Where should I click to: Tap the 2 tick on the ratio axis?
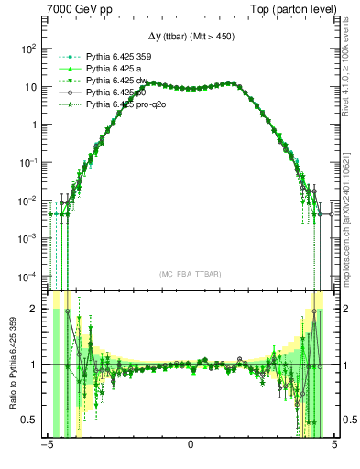[x=35, y=309]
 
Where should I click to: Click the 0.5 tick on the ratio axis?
[x=31, y=420]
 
